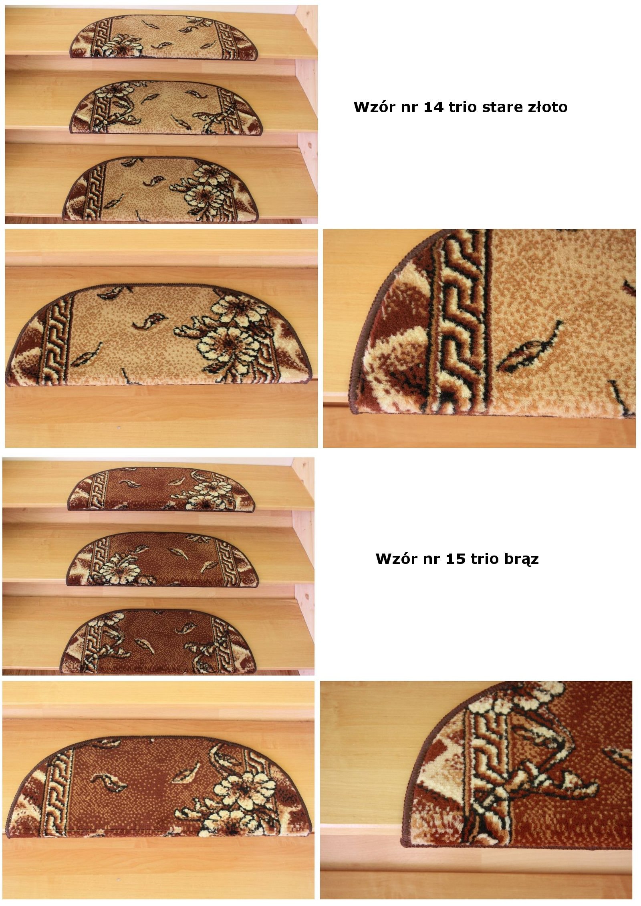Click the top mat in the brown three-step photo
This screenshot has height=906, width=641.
click(x=161, y=489)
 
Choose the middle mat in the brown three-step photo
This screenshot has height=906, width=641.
click(x=163, y=559)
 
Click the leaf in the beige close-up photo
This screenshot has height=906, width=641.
click(x=530, y=348)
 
